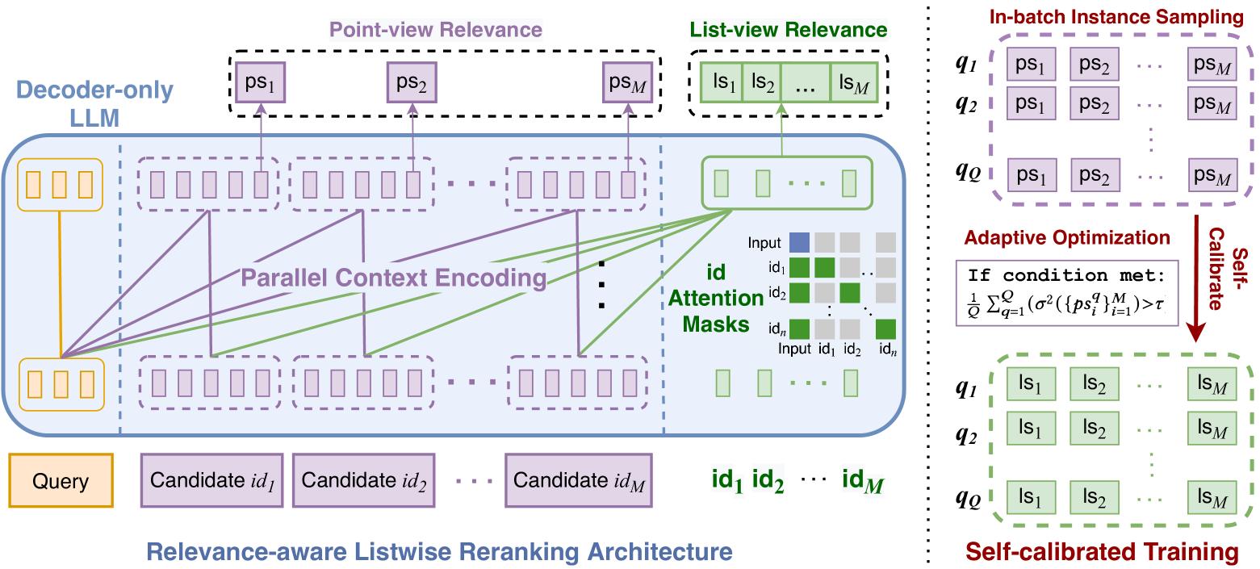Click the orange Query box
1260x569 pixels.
point(61,482)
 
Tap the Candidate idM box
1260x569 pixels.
point(579,480)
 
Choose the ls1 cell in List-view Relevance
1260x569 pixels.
point(721,82)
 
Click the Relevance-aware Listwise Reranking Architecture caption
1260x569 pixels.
point(440,552)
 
